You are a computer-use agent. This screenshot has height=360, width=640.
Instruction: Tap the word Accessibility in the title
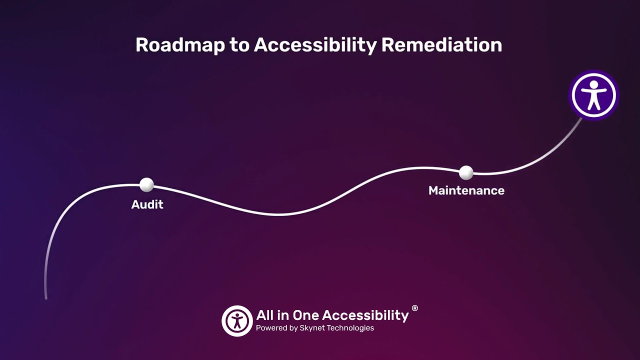click(315, 45)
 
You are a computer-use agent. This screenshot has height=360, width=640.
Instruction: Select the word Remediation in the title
click(441, 45)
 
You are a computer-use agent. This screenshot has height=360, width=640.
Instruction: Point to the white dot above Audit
click(146, 184)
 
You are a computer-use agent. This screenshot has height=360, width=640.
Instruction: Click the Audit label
click(147, 204)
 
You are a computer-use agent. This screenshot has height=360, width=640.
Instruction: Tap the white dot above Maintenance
click(466, 172)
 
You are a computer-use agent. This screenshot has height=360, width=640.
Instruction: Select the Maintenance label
click(466, 190)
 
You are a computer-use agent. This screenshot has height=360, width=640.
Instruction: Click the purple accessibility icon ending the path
click(594, 95)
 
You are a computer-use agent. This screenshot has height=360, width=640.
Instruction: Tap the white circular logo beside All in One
click(237, 320)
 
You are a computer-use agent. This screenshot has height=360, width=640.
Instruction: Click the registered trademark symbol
click(414, 308)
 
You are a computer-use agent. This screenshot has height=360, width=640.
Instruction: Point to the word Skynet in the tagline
click(312, 328)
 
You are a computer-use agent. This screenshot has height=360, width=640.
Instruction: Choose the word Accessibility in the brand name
click(365, 315)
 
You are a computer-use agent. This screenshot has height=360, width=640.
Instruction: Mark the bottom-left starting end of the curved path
click(46, 298)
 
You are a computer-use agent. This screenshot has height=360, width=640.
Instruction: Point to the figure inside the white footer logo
click(237, 321)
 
